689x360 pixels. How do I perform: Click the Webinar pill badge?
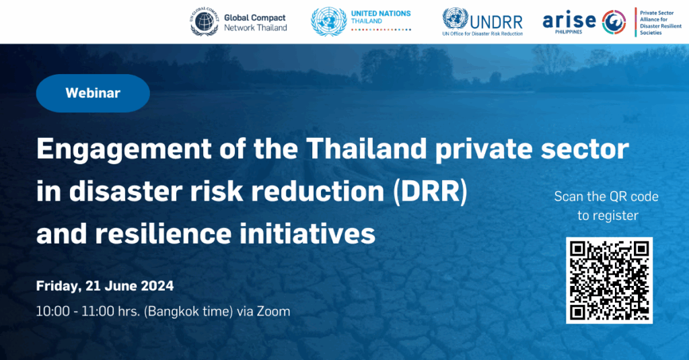coord(93,93)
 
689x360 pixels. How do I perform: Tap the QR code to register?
coord(609,280)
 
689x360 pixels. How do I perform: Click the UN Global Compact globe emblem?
coord(205,22)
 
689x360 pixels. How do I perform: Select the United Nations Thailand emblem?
coord(328,22)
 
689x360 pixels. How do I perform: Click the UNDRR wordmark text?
coord(496,22)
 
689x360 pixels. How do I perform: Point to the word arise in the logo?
coord(569,20)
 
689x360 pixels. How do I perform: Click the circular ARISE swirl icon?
coord(614,22)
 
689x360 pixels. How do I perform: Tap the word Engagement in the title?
coord(124,149)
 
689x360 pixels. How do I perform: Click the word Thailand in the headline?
coord(366,149)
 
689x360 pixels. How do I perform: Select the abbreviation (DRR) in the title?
coord(430,192)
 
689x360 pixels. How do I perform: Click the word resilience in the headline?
coord(164,233)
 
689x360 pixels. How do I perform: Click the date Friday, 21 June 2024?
coord(104,286)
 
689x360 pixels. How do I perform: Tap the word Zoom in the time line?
coord(273,311)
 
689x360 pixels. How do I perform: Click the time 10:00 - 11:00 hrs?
coord(88,311)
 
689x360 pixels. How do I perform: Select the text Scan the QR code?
coord(606,196)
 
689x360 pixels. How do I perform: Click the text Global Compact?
coord(255,17)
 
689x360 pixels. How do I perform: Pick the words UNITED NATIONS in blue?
coord(381,13)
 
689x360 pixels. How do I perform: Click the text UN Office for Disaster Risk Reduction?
coord(482,34)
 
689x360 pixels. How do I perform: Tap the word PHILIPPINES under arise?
coord(569,32)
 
